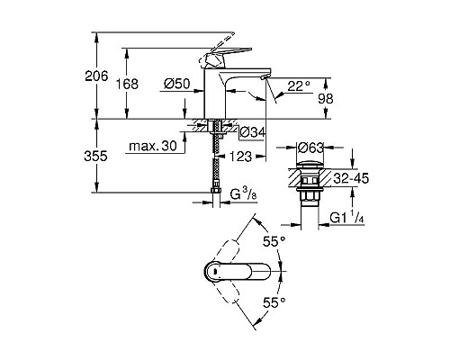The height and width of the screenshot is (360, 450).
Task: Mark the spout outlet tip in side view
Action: (x=262, y=82)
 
